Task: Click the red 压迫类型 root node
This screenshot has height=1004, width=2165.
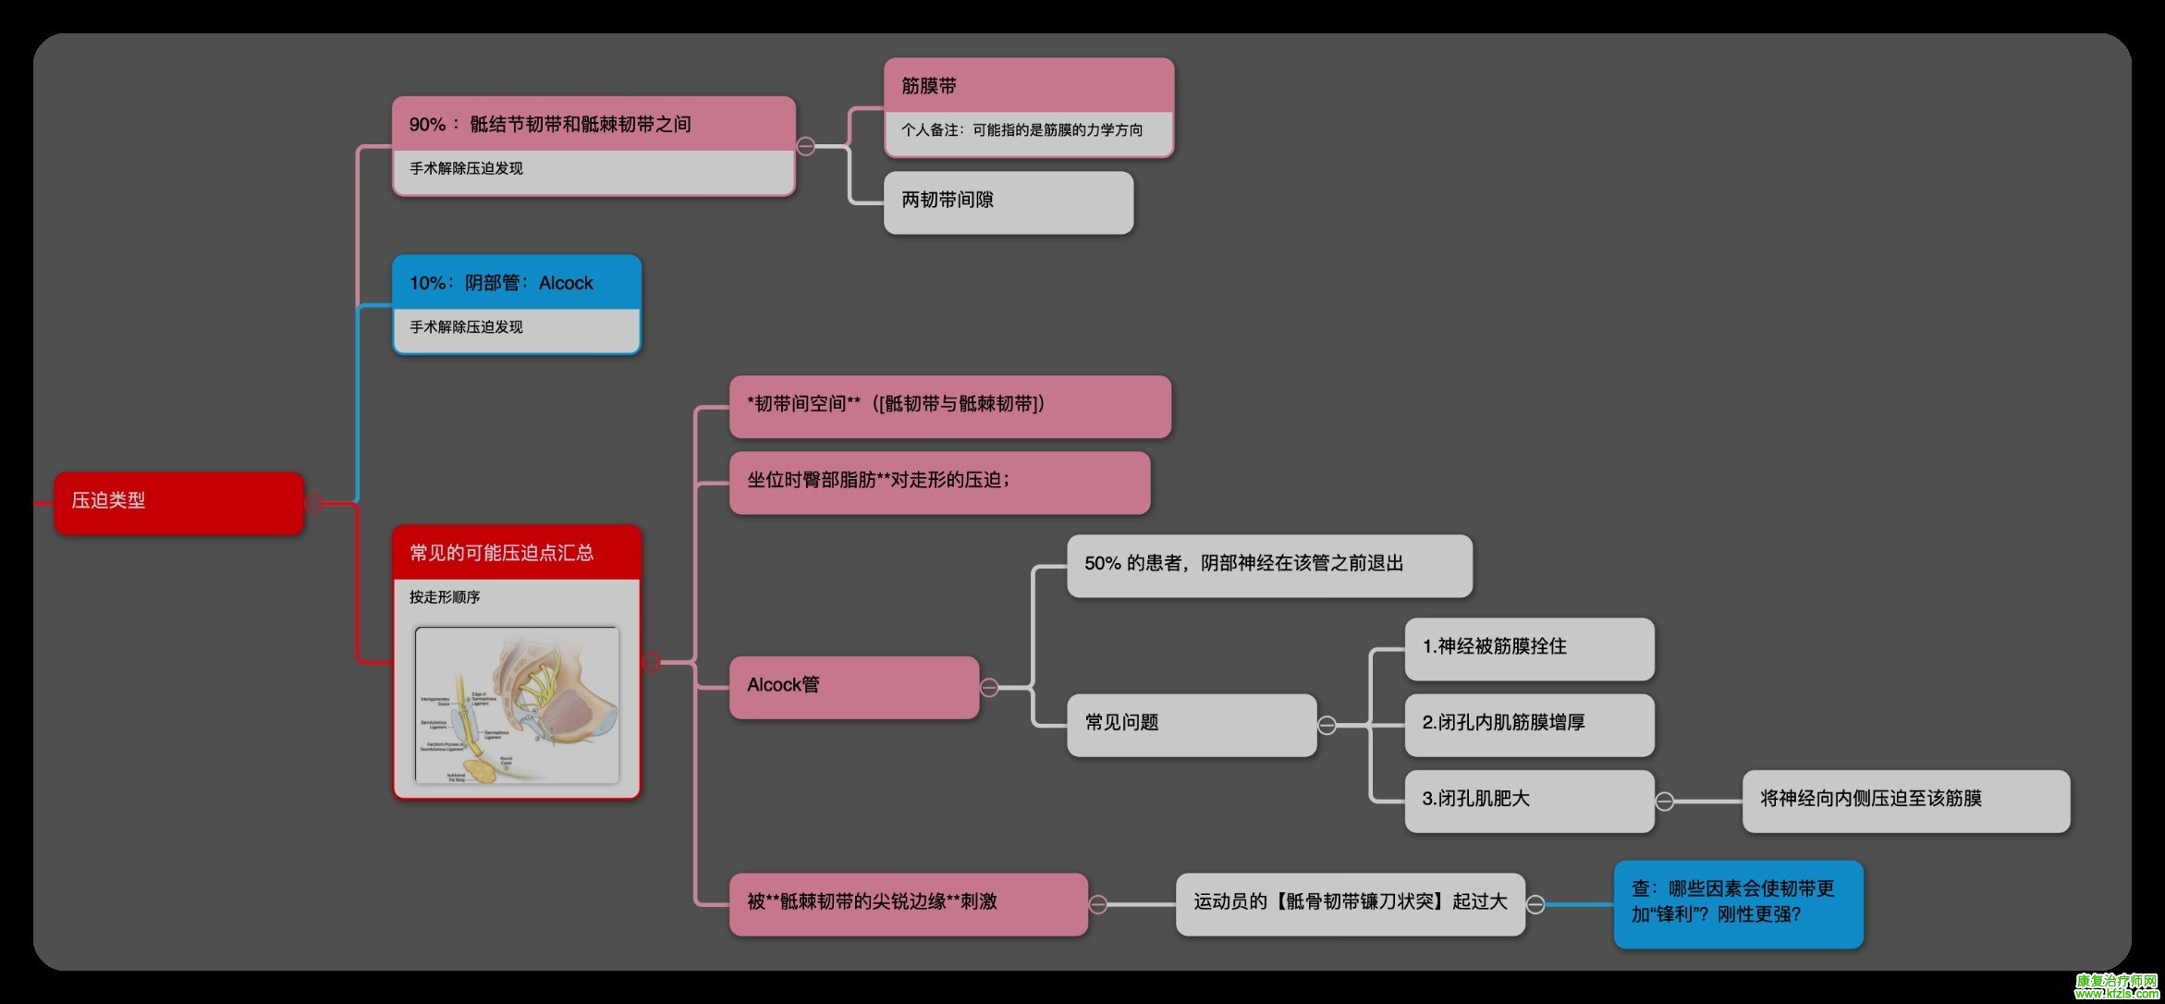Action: point(178,502)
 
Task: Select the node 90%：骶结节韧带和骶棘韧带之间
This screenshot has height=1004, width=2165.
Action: point(593,125)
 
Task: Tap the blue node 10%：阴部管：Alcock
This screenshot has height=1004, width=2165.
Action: point(516,283)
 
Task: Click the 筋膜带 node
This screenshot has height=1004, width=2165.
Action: point(1028,87)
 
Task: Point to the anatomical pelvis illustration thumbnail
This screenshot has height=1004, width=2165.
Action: point(517,705)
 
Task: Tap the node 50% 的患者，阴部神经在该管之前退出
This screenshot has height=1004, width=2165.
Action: point(1268,565)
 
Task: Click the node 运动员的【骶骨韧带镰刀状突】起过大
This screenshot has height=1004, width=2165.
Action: point(1350,903)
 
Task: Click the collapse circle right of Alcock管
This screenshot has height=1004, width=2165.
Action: point(989,688)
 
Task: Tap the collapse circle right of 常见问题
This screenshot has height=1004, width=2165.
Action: point(1327,726)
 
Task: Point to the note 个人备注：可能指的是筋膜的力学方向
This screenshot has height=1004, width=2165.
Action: point(1028,131)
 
